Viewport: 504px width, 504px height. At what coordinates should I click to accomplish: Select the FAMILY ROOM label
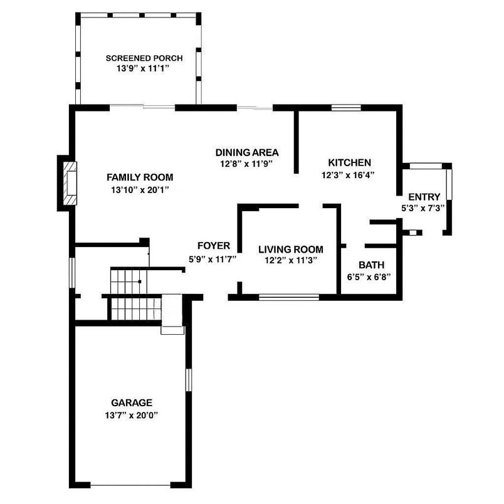pyautogui.click(x=139, y=177)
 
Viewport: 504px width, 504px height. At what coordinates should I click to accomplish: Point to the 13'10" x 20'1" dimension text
pyautogui.click(x=139, y=189)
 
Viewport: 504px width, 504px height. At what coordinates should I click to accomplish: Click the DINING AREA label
pyautogui.click(x=247, y=152)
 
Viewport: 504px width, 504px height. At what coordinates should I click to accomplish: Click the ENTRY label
pyautogui.click(x=424, y=196)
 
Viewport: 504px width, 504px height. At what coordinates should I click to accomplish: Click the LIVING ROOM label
pyautogui.click(x=291, y=249)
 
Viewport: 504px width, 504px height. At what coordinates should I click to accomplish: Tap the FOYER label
pyautogui.click(x=213, y=246)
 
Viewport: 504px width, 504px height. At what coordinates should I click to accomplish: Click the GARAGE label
pyautogui.click(x=131, y=402)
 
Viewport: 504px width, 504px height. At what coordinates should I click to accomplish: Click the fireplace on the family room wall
pyautogui.click(x=69, y=183)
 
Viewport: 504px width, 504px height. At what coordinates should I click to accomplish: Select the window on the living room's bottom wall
pyautogui.click(x=289, y=297)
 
